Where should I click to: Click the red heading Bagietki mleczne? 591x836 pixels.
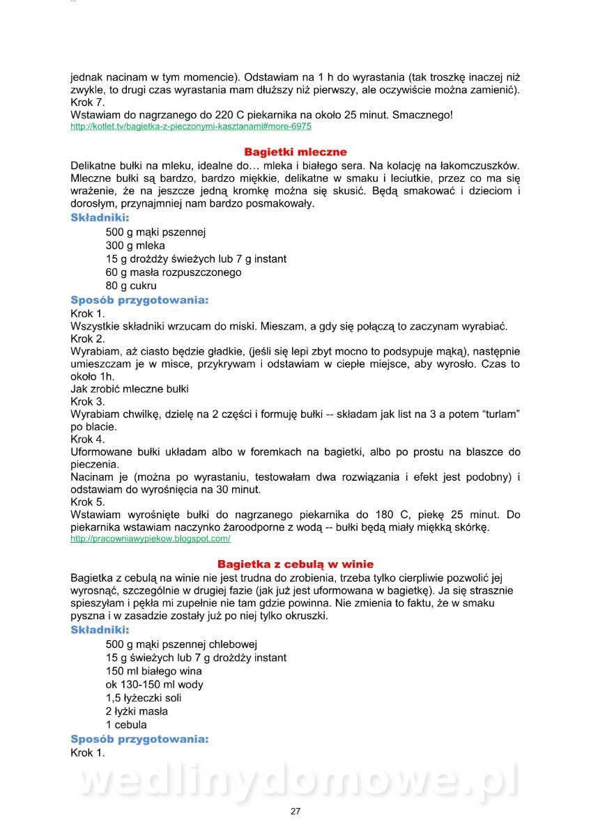[x=295, y=152]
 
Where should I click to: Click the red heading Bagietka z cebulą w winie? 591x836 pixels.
[x=295, y=564]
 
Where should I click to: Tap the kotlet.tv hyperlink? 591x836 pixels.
[x=191, y=127]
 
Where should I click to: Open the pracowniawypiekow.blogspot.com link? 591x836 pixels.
[x=151, y=539]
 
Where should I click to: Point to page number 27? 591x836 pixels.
[x=295, y=811]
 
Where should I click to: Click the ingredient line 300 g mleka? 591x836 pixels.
[x=135, y=246]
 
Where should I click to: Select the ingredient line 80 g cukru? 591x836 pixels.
[x=131, y=286]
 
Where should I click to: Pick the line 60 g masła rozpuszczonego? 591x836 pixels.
[x=174, y=272]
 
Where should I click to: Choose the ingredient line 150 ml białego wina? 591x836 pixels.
[x=154, y=672]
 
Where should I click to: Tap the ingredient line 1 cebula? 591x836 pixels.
[x=126, y=725]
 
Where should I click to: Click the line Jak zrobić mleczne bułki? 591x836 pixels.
[x=130, y=389]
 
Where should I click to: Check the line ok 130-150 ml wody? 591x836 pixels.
[x=155, y=685]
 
